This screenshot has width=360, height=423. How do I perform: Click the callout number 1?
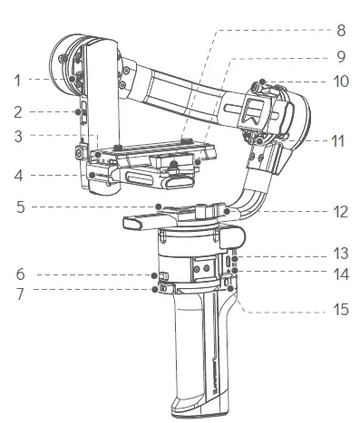16,80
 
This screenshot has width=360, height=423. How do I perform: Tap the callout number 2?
16,112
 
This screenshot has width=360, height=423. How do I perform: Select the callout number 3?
16,137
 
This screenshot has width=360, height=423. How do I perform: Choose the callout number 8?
341,30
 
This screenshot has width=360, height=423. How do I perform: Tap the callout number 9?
341,55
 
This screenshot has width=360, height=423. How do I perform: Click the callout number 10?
341,81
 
